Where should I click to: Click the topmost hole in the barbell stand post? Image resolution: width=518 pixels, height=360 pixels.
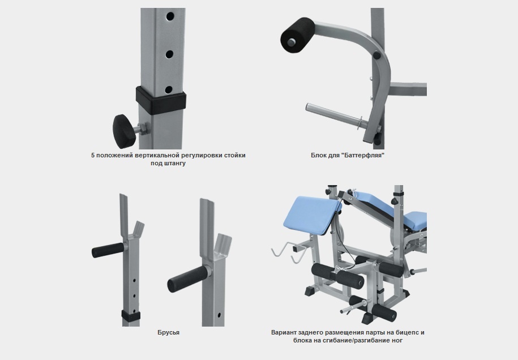[170, 16]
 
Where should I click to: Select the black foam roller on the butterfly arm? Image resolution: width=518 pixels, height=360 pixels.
[297, 35]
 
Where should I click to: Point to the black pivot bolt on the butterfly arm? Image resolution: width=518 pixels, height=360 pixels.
[376, 55]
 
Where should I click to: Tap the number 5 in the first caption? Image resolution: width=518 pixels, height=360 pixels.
[93, 155]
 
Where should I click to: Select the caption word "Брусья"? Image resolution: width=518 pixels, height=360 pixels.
[169, 332]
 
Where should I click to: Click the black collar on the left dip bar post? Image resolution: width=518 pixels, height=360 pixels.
[131, 315]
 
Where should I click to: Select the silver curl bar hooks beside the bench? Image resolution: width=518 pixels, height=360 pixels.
[288, 252]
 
